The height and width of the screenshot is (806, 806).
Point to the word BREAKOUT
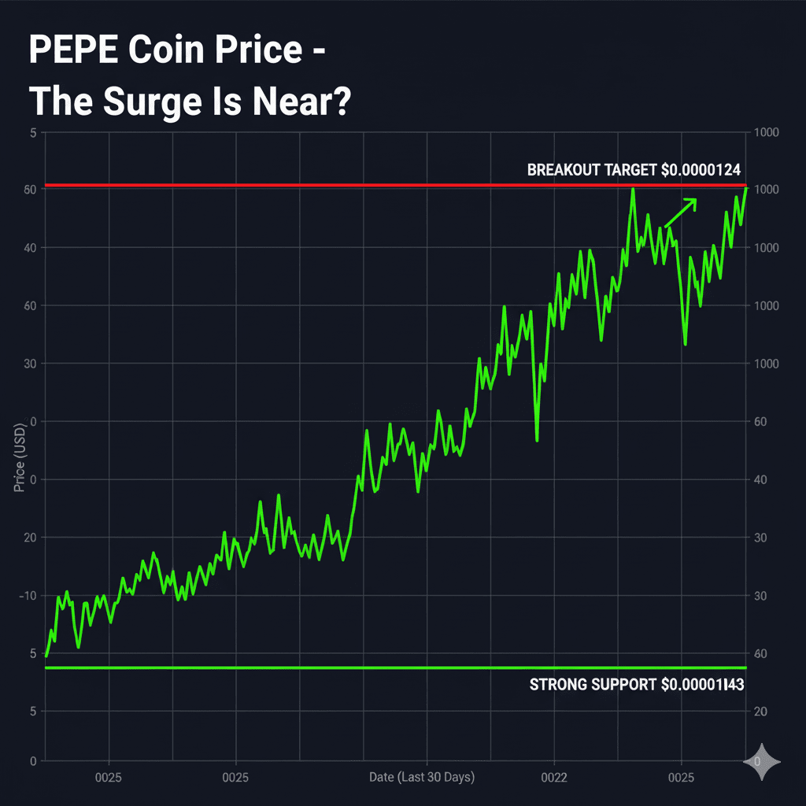click(563, 169)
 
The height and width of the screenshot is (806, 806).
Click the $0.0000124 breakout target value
click(701, 169)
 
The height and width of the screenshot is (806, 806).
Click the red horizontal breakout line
click(315, 186)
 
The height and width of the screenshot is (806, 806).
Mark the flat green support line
click(315, 668)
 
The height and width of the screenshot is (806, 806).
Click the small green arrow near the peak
click(682, 212)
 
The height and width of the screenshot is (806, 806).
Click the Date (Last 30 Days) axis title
click(422, 778)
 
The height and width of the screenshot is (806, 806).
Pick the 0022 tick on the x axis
click(553, 778)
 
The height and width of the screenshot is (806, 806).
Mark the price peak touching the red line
click(632, 189)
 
